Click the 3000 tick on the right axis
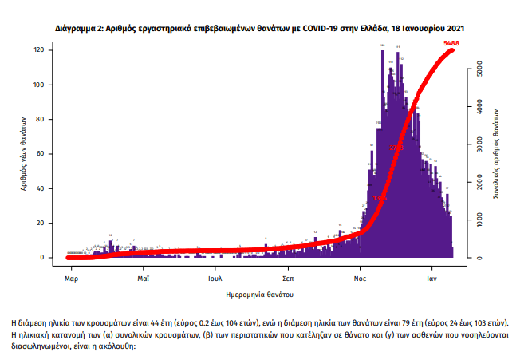coord(477,145)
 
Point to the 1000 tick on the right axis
coord(477,220)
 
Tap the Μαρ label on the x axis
coord(71,279)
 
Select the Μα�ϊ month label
coord(144,279)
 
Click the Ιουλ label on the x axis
coord(215,279)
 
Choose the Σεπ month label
coord(289,279)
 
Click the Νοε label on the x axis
coord(361,279)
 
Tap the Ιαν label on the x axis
coord(434,279)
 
